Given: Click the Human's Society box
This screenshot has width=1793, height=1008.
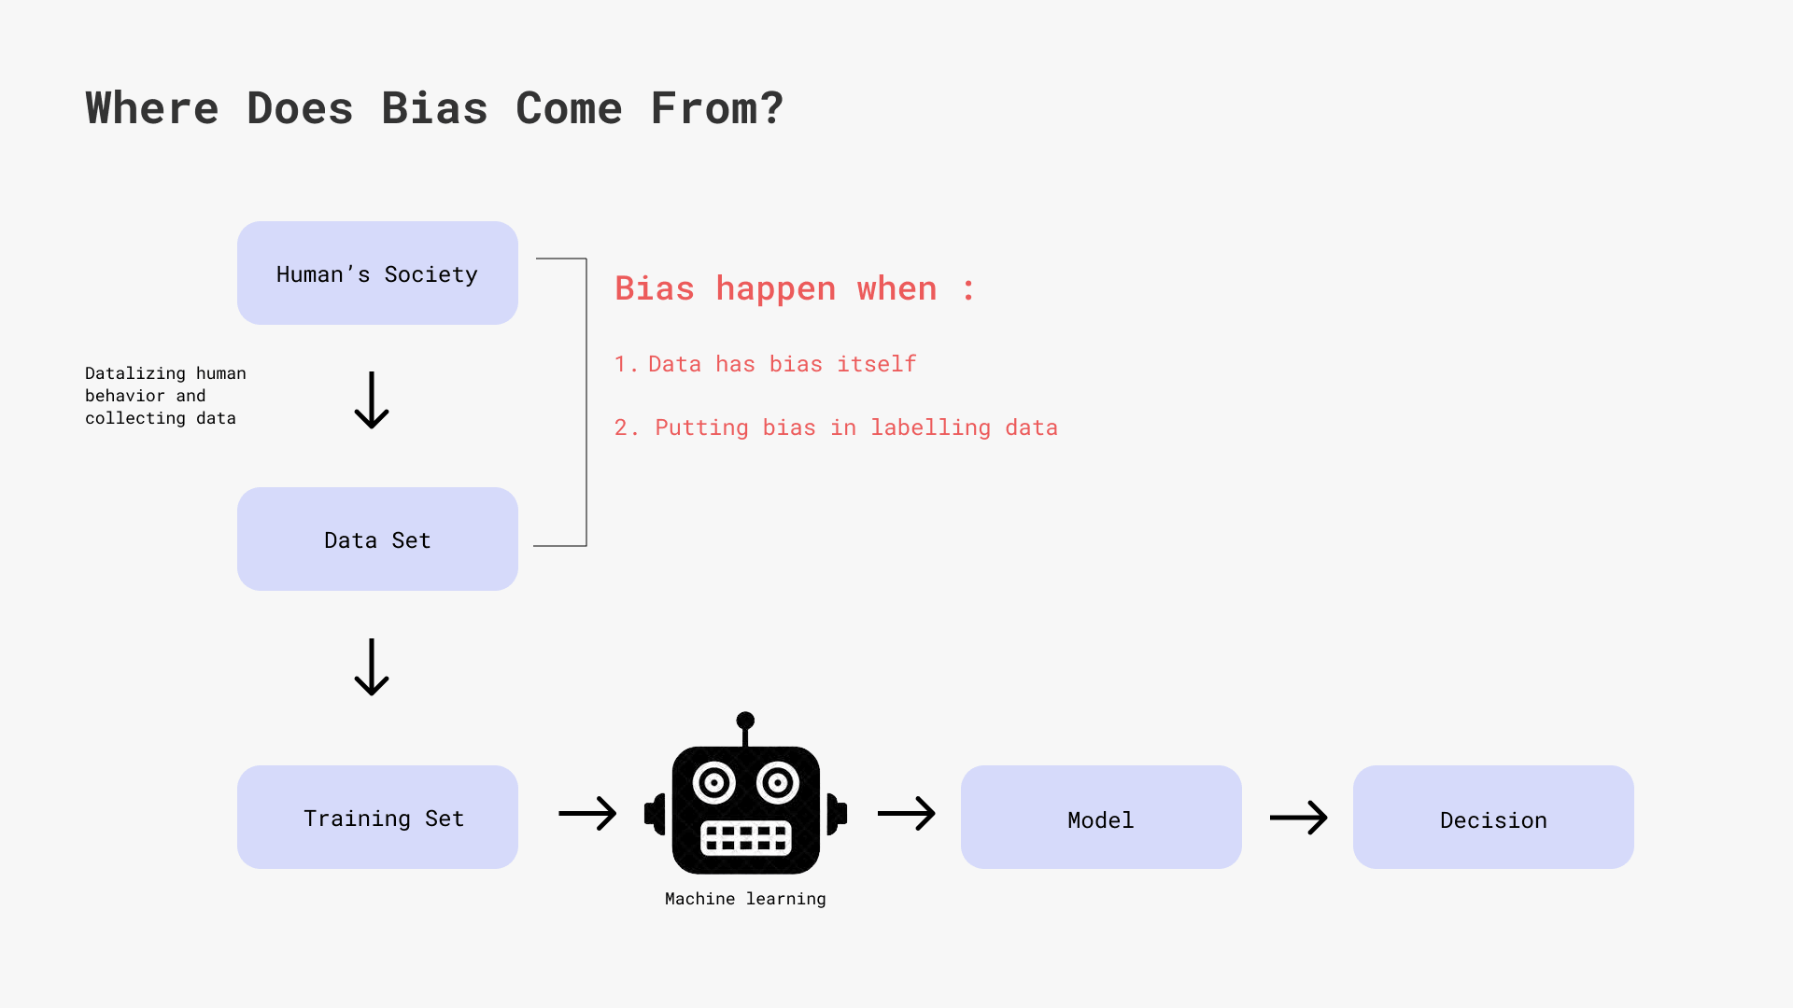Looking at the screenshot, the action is tap(377, 273).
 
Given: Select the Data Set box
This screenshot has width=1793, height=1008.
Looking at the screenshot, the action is tap(377, 539).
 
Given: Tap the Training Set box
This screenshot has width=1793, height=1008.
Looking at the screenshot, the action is tap(377, 817).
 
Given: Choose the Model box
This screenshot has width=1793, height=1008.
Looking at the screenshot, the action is tap(1101, 817).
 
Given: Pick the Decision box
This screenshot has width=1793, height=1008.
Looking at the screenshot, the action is tap(1493, 817).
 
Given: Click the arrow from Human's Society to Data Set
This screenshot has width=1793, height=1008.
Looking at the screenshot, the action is tap(372, 400).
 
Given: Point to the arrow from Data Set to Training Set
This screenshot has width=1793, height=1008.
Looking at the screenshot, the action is tap(372, 667).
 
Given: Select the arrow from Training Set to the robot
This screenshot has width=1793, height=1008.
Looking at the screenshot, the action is tap(587, 813).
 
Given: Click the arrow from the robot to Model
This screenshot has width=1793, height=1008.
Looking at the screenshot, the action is tap(907, 813).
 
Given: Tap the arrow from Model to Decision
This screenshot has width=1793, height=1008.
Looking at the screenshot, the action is tap(1299, 818).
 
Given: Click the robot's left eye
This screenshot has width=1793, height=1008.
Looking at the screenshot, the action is tap(714, 783).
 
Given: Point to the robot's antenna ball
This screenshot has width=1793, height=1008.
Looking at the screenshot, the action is tap(745, 721).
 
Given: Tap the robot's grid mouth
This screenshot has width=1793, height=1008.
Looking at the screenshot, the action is tap(745, 838).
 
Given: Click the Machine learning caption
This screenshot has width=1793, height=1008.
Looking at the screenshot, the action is tap(745, 899).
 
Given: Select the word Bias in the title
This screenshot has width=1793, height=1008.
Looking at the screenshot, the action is tap(434, 108).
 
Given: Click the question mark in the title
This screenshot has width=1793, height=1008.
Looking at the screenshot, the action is tap(772, 108).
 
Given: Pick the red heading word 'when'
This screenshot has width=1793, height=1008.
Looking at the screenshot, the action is tap(896, 288).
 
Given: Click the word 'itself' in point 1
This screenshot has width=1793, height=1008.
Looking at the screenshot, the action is tap(877, 363).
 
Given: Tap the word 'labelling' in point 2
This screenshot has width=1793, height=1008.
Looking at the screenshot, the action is tap(931, 427).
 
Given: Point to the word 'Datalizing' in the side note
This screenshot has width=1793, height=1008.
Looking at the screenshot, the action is tap(135, 373).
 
